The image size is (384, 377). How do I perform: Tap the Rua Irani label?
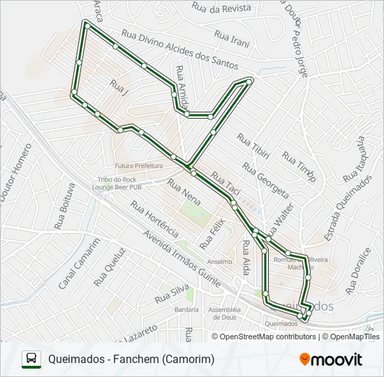[232, 38]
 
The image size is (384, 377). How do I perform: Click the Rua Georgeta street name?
[265, 179]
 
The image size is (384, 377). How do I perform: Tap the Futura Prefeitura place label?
[138, 166]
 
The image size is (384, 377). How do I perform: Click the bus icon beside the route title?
[31, 359]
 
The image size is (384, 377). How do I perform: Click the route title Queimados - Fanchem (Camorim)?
[131, 360]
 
